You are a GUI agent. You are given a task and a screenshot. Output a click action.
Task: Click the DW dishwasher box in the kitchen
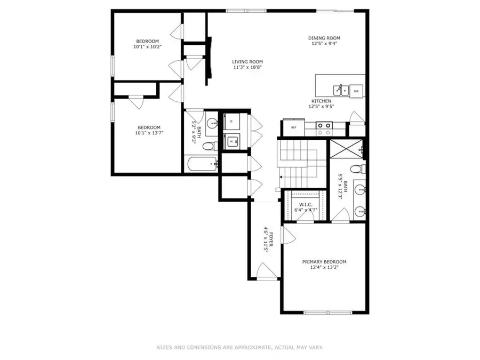pyautogui.click(x=356, y=91)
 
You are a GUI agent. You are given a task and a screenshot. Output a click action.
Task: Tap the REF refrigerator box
pyautogui.click(x=293, y=127)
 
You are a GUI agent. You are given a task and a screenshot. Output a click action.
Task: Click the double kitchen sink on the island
pyautogui.click(x=341, y=90)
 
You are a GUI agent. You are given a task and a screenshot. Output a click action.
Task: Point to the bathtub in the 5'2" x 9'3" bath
pyautogui.click(x=202, y=164)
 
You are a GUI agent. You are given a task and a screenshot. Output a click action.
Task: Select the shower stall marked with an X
pyautogui.click(x=346, y=150)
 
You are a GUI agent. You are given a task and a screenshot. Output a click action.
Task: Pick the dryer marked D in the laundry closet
pyautogui.click(x=231, y=122)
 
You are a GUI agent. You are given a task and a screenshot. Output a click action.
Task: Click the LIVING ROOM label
pyautogui.click(x=247, y=62)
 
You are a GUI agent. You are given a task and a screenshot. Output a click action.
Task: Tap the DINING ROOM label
pyautogui.click(x=324, y=38)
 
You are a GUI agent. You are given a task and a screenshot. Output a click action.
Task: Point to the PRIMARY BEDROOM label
pyautogui.click(x=324, y=262)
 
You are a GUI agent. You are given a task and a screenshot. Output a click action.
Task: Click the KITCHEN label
pyautogui.click(x=322, y=101)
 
